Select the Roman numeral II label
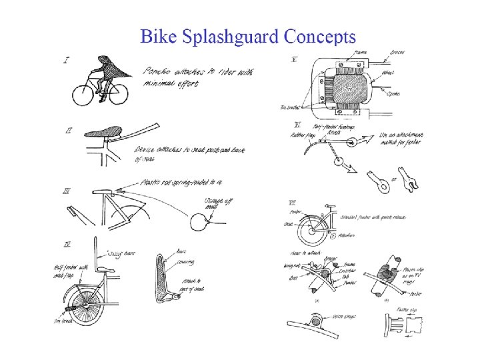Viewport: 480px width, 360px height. [69, 131]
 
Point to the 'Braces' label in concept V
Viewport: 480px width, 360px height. [399, 53]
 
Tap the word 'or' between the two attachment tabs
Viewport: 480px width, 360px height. [395, 179]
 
